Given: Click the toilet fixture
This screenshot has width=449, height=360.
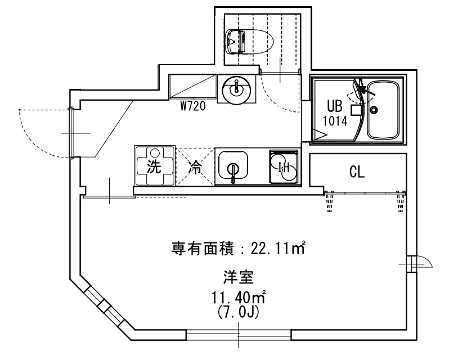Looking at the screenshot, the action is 250,42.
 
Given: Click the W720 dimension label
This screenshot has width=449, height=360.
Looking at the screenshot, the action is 193,106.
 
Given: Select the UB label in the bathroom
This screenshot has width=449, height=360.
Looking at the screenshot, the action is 334,106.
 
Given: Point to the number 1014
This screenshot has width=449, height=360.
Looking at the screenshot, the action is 335,121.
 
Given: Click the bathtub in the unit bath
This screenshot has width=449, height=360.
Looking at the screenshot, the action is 383,110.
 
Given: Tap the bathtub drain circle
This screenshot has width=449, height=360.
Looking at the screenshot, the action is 374,110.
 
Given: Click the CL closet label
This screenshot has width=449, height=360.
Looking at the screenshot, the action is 357,172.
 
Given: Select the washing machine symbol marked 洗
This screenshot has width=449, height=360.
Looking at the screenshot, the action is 155,165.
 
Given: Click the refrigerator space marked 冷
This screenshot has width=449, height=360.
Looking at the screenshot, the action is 195,166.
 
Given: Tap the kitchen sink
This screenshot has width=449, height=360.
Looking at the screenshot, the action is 234,167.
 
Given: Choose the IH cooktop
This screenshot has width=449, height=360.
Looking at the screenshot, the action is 284,167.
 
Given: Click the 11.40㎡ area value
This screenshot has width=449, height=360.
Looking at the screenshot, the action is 238,298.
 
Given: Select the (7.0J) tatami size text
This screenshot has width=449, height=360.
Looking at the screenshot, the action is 238,312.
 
